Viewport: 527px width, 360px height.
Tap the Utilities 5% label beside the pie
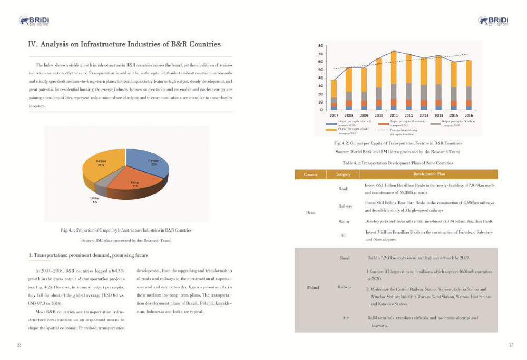click(x=95, y=200)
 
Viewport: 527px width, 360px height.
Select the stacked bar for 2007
click(x=334, y=95)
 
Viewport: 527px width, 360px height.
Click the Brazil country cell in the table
click(x=311, y=212)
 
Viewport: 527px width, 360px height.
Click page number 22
click(x=19, y=345)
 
